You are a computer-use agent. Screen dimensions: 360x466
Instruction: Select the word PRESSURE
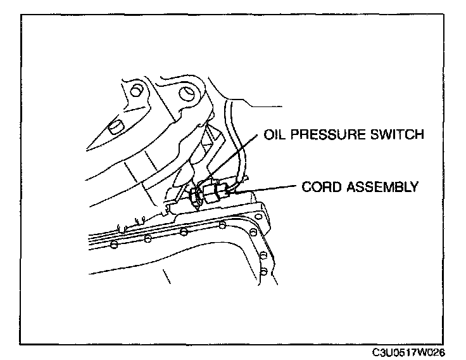(x=322, y=134)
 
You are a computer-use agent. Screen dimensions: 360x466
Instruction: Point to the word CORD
(x=319, y=187)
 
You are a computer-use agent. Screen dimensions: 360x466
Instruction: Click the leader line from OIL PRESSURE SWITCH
(x=241, y=158)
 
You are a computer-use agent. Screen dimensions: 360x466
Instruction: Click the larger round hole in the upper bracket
(x=186, y=94)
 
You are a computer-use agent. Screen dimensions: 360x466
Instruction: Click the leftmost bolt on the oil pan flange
(x=113, y=244)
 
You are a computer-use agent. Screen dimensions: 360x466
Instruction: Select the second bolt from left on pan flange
(x=148, y=238)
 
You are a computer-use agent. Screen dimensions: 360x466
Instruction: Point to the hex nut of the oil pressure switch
(x=194, y=198)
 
